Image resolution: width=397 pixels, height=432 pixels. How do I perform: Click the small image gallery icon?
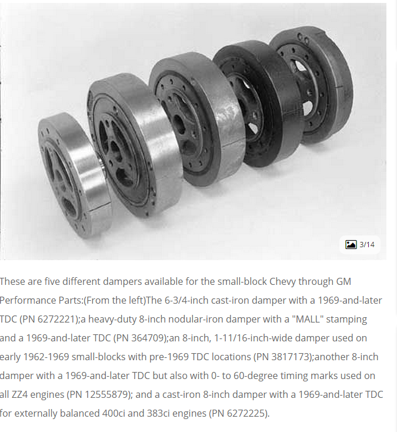coord(351,244)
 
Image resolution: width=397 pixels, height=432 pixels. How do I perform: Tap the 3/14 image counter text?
coord(367,245)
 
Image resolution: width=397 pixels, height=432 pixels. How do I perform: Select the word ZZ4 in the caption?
coord(19,394)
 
